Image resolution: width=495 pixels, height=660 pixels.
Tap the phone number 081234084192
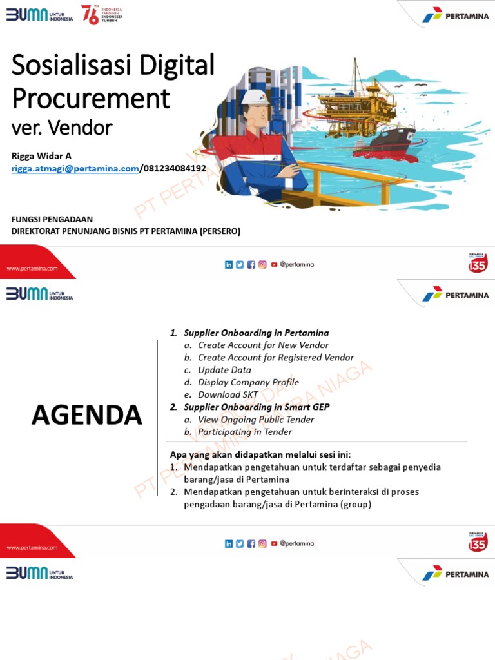click(x=174, y=169)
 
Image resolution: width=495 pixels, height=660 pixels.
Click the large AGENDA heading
click(x=87, y=416)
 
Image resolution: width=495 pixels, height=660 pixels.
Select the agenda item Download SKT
click(x=228, y=394)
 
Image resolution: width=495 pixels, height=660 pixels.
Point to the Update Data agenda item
click(x=224, y=370)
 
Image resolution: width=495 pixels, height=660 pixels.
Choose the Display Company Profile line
click(x=248, y=382)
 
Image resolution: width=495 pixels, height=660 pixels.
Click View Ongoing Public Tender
click(x=256, y=420)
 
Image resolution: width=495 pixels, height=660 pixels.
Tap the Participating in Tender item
click(x=245, y=432)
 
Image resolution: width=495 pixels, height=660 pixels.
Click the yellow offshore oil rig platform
click(x=351, y=103)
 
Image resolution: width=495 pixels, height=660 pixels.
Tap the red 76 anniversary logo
click(x=90, y=14)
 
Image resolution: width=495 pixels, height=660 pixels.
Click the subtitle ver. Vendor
click(x=62, y=128)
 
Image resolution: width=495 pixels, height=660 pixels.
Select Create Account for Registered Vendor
click(x=276, y=358)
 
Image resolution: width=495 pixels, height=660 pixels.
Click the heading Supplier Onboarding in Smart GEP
click(x=257, y=407)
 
